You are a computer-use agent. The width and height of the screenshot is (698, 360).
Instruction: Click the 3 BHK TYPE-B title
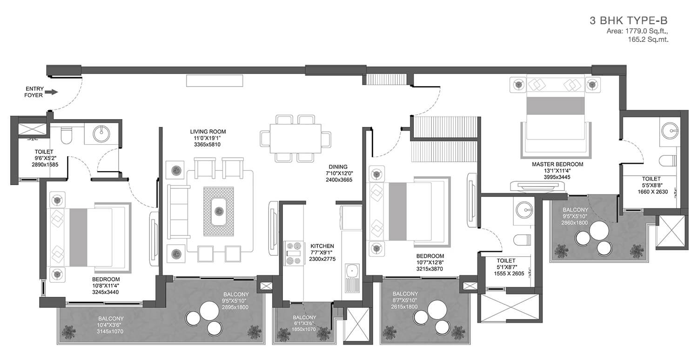[x=629, y=20]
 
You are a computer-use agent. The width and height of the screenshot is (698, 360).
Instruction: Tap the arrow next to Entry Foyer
[x=51, y=92]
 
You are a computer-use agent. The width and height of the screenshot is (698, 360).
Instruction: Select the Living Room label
[x=208, y=132]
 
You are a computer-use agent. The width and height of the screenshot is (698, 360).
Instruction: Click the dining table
[x=295, y=139]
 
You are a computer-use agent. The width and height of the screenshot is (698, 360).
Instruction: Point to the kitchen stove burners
[x=294, y=253]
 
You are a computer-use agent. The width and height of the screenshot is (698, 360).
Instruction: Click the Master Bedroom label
[x=557, y=164]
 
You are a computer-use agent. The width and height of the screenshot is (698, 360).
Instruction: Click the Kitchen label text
[x=322, y=246]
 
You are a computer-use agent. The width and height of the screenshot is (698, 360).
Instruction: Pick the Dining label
[x=338, y=167]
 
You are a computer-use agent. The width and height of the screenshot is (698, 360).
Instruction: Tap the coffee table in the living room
[x=218, y=212]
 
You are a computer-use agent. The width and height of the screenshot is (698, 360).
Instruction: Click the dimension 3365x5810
[x=207, y=145]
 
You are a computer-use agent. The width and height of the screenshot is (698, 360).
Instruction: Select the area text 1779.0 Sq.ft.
[x=637, y=31]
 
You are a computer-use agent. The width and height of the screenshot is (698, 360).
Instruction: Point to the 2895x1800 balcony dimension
[x=235, y=307]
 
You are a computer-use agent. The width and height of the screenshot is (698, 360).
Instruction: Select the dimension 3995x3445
[x=557, y=177]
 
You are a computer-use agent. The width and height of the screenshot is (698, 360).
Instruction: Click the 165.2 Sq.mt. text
[x=648, y=40]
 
